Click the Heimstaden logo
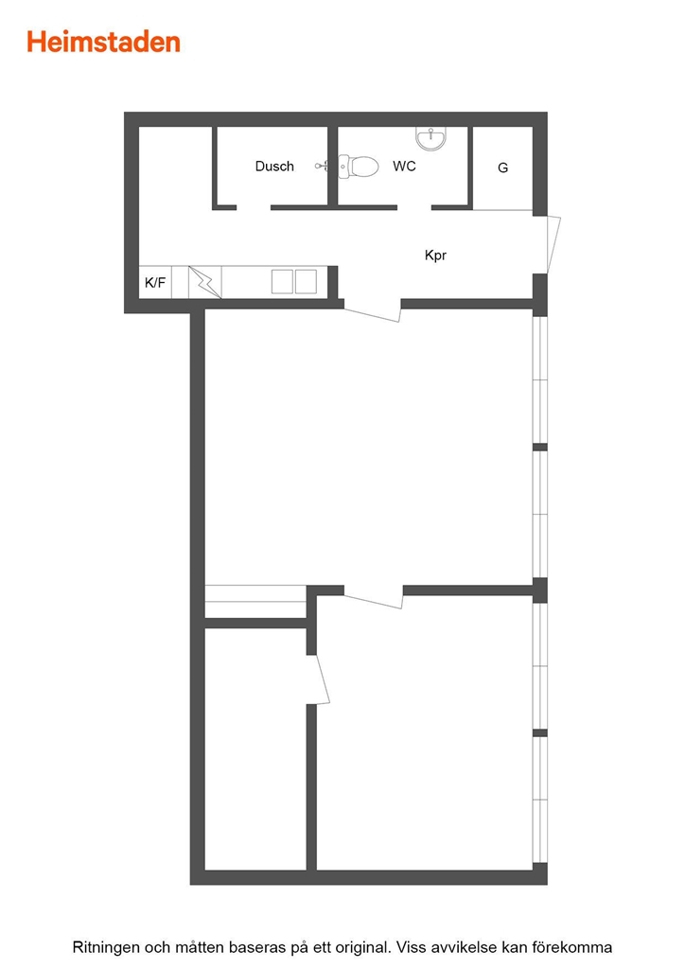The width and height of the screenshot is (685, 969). pos(103,42)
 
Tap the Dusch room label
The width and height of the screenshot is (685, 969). pos(274,167)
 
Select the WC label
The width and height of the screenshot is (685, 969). pos(404,166)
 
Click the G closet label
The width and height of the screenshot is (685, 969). pos(502,167)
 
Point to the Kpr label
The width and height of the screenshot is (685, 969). pos(435,255)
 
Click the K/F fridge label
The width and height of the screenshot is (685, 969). pos(155,282)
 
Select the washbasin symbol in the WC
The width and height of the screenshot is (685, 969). pos(430,138)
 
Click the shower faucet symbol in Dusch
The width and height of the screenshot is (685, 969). pos(322,166)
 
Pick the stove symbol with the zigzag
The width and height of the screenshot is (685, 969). pos(205,282)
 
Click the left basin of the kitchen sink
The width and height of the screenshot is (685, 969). pos(282,282)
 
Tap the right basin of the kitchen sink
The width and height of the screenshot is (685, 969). pos(306,282)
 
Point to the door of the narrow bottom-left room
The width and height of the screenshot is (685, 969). pos(321,679)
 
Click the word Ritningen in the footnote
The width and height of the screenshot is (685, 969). pos(106,947)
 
